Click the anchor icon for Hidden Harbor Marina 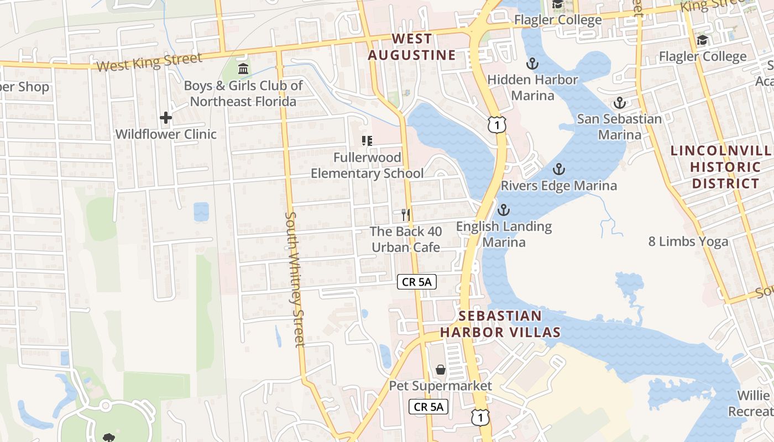click(x=532, y=64)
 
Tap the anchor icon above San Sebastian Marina click(x=620, y=103)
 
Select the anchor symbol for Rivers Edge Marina click(x=558, y=169)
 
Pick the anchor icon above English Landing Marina click(x=503, y=210)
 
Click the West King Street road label click(x=149, y=62)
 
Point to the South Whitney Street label click(x=294, y=279)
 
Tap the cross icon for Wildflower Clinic click(x=165, y=118)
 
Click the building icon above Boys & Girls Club click(x=243, y=69)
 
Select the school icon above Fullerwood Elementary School click(x=367, y=141)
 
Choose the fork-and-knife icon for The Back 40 click(x=406, y=214)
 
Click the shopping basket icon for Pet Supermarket click(x=441, y=369)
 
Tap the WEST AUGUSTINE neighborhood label click(x=412, y=47)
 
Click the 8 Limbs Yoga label click(x=688, y=241)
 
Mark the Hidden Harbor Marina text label click(x=532, y=87)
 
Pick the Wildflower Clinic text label click(x=166, y=134)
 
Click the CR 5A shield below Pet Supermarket click(x=428, y=407)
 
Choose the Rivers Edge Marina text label click(x=558, y=186)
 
